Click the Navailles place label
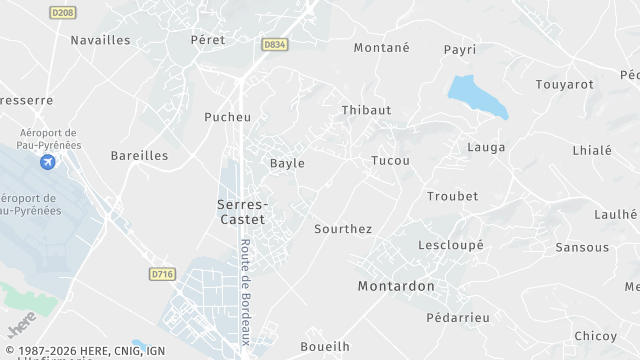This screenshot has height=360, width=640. pos(100,40)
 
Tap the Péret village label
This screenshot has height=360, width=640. pos(208,40)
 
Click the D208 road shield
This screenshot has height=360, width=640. pos(63,12)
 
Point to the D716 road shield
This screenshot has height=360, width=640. pos(161,273)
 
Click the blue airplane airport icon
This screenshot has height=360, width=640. pos(48,162)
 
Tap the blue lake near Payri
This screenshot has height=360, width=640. pos(476,96)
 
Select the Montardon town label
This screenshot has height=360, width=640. pos(396,286)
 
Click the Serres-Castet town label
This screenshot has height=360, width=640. pos(242,210)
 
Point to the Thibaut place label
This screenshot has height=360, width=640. pos(366,110)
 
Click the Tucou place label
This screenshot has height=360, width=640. pos(390,160)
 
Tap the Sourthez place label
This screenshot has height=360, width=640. pos(343,229)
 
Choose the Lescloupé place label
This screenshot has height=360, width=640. pos(450,244)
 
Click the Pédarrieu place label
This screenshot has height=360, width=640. pos(457,317)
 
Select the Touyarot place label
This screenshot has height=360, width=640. pos(566,86)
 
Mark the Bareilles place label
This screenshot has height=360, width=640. pos(139,156)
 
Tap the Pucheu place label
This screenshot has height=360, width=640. pos(227,117)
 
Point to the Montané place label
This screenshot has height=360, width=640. pos(382,47)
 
